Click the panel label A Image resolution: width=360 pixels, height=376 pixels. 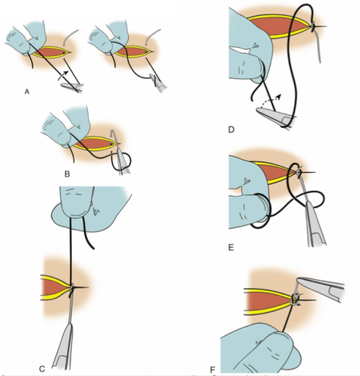[27, 92]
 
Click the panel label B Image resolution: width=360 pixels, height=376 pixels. [67, 174]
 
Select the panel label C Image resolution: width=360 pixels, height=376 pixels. [42, 369]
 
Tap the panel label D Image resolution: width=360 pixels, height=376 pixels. [231, 130]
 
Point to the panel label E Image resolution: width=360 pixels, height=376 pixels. [231, 247]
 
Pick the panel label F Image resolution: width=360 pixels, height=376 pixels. [212, 370]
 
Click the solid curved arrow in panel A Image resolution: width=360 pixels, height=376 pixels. [63, 74]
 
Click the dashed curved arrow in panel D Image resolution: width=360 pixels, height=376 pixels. [271, 100]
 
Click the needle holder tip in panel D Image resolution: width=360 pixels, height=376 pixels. [257, 109]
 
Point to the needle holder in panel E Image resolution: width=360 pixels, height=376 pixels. [314, 222]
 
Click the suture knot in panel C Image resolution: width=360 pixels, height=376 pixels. [71, 288]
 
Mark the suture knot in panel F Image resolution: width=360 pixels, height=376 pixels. [295, 299]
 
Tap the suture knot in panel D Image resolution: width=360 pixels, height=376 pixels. [313, 26]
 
